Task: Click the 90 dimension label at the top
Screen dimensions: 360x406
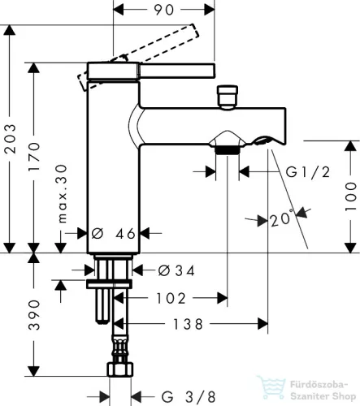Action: click(164, 10)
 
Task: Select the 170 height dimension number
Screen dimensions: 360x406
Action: click(34, 156)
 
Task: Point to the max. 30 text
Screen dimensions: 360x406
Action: click(62, 194)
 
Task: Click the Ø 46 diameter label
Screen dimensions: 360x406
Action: click(113, 233)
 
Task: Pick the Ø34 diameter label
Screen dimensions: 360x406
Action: click(176, 270)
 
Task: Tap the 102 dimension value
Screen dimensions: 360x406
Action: click(171, 298)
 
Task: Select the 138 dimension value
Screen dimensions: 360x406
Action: click(188, 324)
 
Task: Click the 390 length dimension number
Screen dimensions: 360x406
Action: click(34, 315)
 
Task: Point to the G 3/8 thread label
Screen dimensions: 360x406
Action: click(189, 397)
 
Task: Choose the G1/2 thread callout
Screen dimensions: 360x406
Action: click(308, 172)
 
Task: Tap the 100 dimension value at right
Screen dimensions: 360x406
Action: click(351, 197)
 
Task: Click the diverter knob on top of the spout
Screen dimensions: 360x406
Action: click(228, 97)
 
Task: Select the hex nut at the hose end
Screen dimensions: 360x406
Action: click(120, 369)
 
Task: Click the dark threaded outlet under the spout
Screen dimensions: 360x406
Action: click(228, 150)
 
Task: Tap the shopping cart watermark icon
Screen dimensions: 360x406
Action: click(271, 387)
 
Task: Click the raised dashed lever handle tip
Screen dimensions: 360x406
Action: click(194, 31)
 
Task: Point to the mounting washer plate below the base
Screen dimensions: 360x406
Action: click(109, 284)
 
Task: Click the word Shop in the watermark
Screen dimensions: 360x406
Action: click(344, 396)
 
